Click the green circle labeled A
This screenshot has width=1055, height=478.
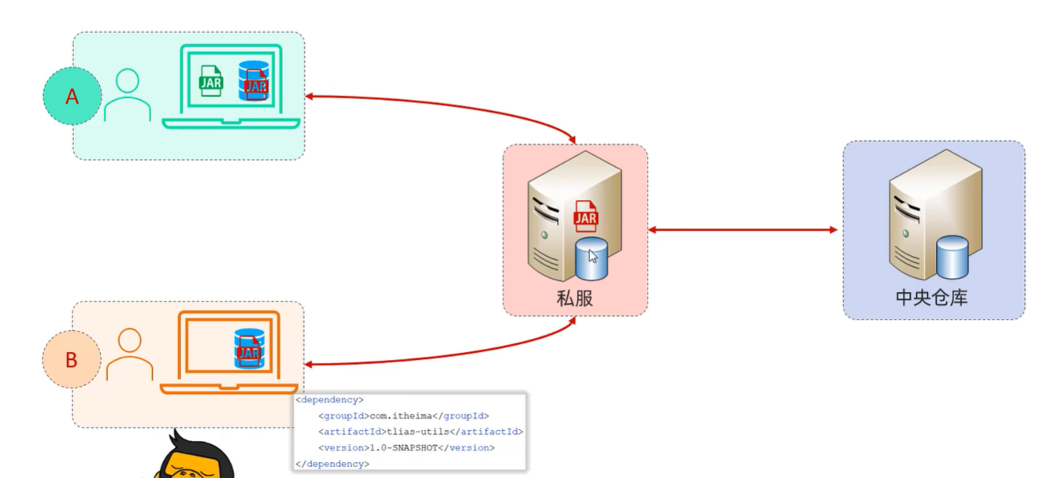click(x=72, y=96)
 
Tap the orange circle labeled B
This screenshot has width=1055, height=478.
click(x=71, y=360)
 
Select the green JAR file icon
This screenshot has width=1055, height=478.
click(x=210, y=81)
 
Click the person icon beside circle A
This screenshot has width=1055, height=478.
click(x=127, y=95)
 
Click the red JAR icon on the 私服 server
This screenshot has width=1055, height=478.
click(x=585, y=216)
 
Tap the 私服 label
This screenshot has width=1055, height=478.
click(x=574, y=298)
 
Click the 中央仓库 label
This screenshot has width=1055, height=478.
click(x=932, y=298)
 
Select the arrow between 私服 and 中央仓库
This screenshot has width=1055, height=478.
click(x=743, y=230)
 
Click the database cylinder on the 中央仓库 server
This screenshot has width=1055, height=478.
click(x=953, y=257)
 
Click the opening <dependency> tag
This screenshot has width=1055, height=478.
click(x=329, y=400)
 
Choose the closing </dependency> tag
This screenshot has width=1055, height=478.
click(x=332, y=464)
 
